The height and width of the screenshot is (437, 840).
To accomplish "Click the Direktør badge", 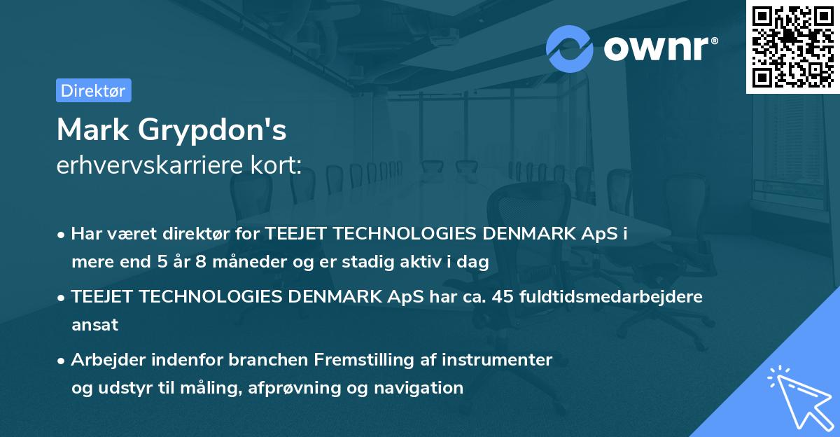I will tap(93, 90).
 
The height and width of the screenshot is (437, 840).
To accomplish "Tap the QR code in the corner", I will tap(792, 46).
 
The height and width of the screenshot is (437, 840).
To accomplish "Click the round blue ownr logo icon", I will tap(570, 48).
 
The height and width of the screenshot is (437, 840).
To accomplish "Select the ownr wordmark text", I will tap(659, 49).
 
